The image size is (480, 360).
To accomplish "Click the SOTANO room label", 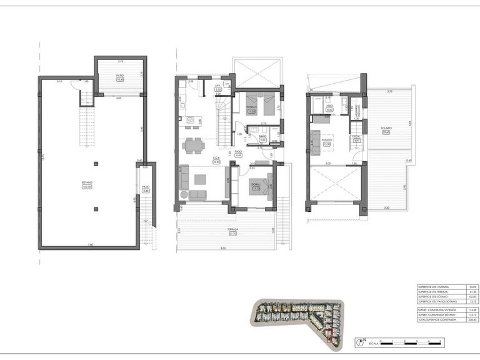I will (86, 184).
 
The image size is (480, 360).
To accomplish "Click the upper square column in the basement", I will (95, 164).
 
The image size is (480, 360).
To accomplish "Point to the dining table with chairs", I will (192, 146).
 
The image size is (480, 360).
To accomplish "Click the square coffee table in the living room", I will (199, 179).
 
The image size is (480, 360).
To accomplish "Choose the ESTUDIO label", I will (327, 140).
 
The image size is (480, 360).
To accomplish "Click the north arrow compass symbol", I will (361, 342).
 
